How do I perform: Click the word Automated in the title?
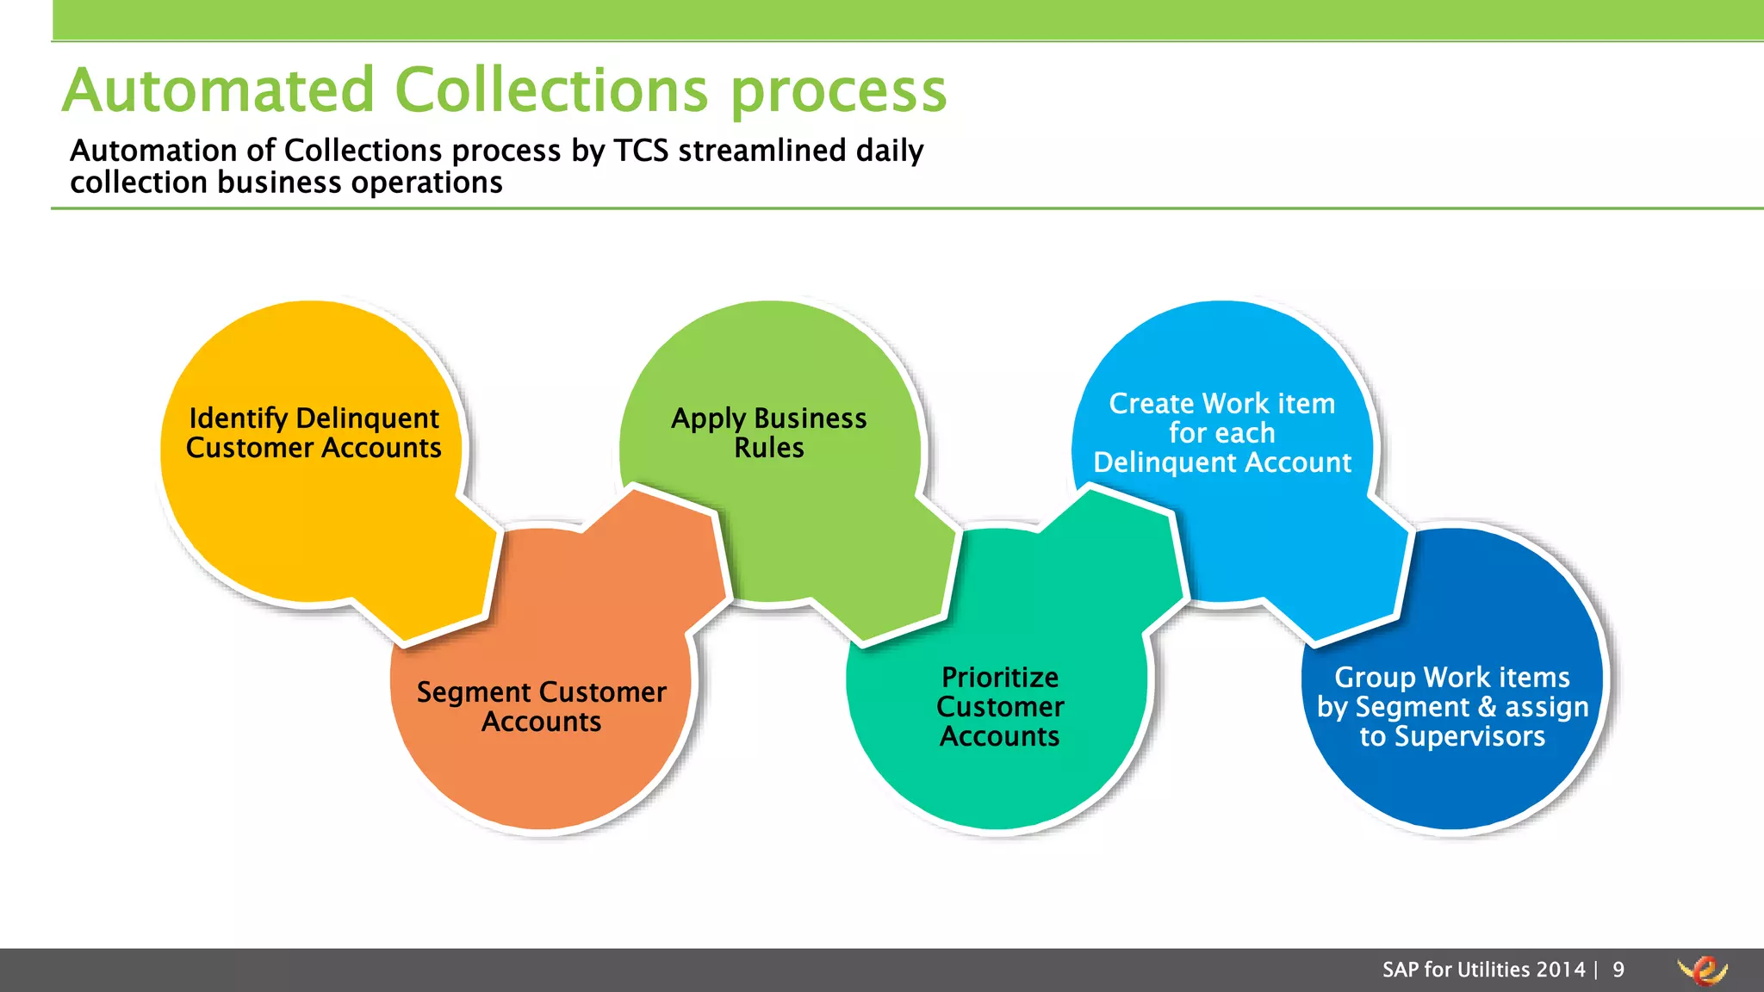pyautogui.click(x=219, y=90)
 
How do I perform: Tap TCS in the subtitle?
pyautogui.click(x=641, y=151)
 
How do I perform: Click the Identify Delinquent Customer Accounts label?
pyautogui.click(x=314, y=433)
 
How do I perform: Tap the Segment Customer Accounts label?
pyautogui.click(x=541, y=707)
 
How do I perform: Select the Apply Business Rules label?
pyautogui.click(x=768, y=433)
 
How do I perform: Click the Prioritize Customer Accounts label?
pyautogui.click(x=1000, y=707)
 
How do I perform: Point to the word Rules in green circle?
pyautogui.click(x=768, y=449)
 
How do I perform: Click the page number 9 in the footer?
pyautogui.click(x=1618, y=970)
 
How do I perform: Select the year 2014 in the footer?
pyautogui.click(x=1561, y=970)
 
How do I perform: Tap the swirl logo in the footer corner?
pyautogui.click(x=1702, y=970)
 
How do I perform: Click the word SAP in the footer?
pyautogui.click(x=1401, y=970)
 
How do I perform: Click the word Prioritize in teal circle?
pyautogui.click(x=1000, y=678)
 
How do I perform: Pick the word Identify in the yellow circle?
pyautogui.click(x=238, y=418)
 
